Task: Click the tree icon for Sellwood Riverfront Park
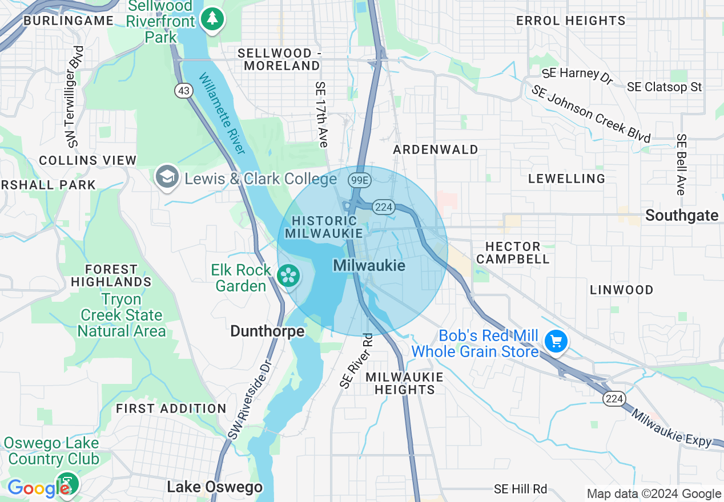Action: point(212,19)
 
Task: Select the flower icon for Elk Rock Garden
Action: point(289,277)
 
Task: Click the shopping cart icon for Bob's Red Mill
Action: point(556,342)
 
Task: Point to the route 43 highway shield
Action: point(183,91)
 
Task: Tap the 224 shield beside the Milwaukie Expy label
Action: point(614,399)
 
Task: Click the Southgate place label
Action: point(682,215)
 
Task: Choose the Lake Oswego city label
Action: point(215,487)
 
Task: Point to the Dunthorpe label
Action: point(267,331)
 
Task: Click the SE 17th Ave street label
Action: point(321,114)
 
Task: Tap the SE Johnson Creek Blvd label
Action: point(591,114)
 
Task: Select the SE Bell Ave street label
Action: point(681,165)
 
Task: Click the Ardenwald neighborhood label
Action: point(436,149)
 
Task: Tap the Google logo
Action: point(37,488)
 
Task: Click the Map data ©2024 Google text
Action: point(654,494)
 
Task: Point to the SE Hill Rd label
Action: point(520,489)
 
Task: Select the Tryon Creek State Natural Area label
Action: point(122,315)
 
